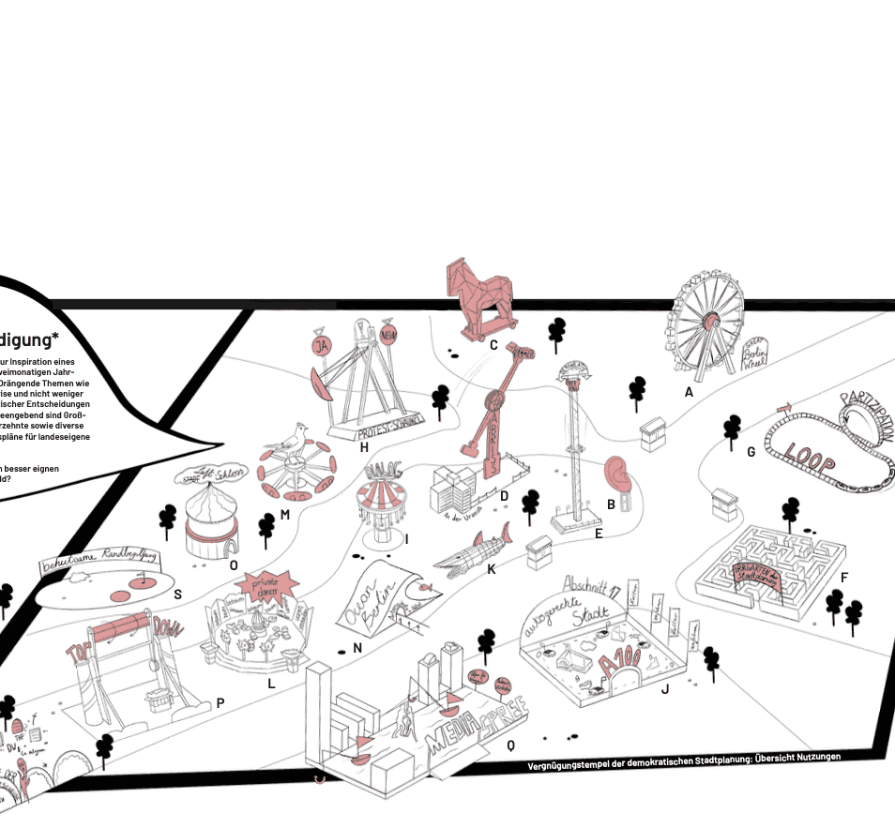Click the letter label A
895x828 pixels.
click(x=689, y=393)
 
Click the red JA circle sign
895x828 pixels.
click(x=323, y=347)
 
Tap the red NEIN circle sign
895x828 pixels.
click(x=388, y=334)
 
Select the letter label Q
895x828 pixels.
click(x=510, y=745)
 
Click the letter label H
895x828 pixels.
click(x=363, y=446)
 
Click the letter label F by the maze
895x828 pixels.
click(x=844, y=578)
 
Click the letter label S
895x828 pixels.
click(x=177, y=593)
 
